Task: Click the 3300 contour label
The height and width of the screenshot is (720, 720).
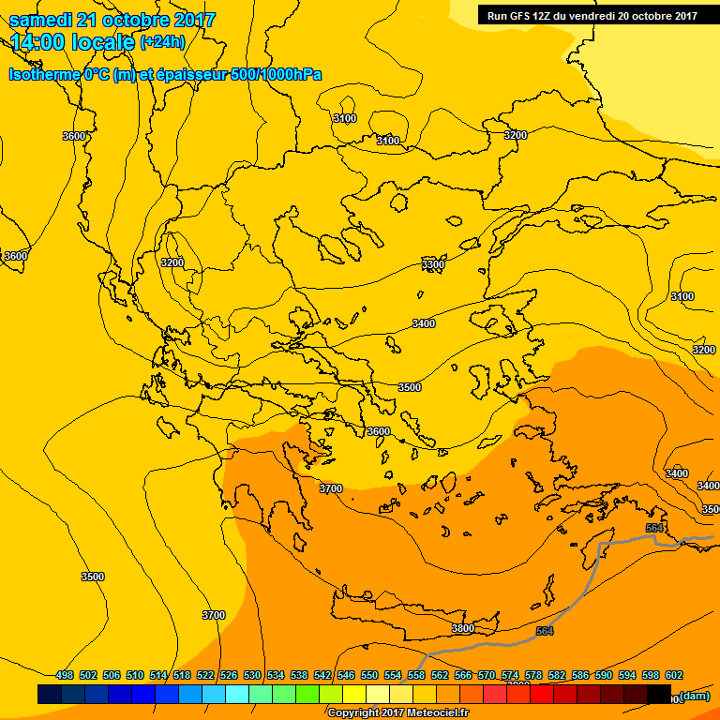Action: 433,265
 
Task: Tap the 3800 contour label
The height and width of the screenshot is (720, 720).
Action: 462,628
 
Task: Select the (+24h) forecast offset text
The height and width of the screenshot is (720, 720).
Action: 162,42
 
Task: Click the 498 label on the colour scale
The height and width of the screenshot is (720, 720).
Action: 65,675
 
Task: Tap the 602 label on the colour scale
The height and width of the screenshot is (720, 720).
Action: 674,675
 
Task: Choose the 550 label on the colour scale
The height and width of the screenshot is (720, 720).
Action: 369,675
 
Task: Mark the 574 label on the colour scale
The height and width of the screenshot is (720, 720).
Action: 510,675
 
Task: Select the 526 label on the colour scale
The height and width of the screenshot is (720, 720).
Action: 229,675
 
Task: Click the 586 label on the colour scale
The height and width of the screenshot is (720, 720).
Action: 580,675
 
